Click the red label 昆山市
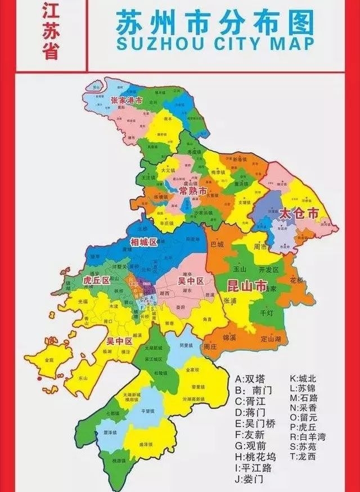[246, 285]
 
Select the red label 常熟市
[193, 192]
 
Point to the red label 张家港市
[127, 101]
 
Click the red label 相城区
[143, 242]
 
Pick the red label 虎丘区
[96, 280]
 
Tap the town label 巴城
[217, 245]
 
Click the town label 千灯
[267, 312]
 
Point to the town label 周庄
[210, 347]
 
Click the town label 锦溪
[229, 338]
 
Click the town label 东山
[83, 379]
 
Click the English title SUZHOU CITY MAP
[213, 43]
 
